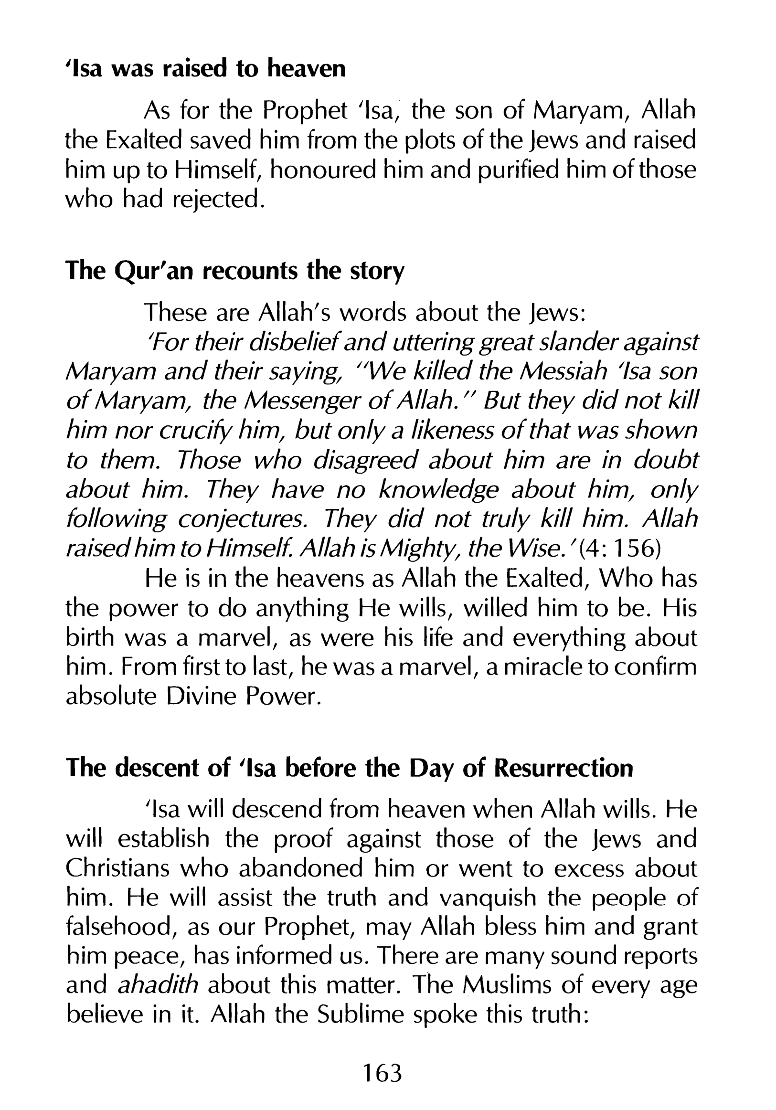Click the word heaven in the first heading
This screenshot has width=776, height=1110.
[307, 69]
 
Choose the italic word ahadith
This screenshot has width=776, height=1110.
[158, 986]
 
